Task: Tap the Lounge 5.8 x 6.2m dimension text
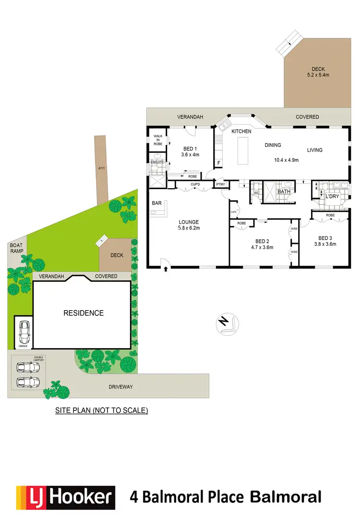[x=189, y=228]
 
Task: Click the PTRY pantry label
[x=220, y=184]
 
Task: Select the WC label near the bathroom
[x=256, y=193]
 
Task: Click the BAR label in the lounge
[x=156, y=204]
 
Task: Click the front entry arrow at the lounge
[x=166, y=269]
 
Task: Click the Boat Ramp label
[x=16, y=248]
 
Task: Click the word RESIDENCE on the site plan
[x=84, y=313]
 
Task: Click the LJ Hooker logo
[x=66, y=497]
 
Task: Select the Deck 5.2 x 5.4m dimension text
[x=318, y=72]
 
